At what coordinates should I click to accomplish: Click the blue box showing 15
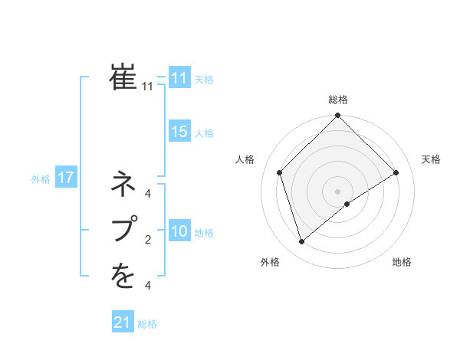tap(179, 132)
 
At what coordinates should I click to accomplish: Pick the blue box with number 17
tap(65, 178)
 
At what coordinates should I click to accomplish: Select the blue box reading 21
tap(123, 322)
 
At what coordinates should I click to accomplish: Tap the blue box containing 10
tap(179, 231)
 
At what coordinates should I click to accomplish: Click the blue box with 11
tap(179, 78)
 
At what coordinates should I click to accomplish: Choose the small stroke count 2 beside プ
tap(148, 241)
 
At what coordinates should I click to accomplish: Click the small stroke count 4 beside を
tap(148, 286)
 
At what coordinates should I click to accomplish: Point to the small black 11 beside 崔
tap(148, 87)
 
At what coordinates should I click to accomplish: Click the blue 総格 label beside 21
tap(147, 324)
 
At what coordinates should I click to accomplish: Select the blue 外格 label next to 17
tap(41, 179)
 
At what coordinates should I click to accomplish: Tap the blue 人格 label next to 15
tap(204, 133)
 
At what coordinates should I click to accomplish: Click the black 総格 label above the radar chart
tap(338, 100)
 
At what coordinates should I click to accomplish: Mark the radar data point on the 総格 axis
tap(337, 116)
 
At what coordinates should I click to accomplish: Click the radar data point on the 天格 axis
tap(396, 172)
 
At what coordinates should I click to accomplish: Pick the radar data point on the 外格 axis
tap(302, 242)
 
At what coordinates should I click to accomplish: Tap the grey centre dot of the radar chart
tap(337, 191)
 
